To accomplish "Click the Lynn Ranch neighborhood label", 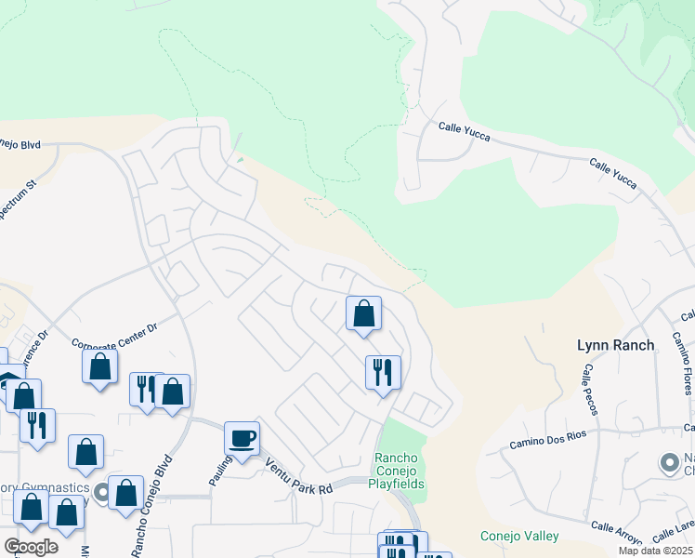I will tap(615, 345).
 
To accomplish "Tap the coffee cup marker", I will tap(242, 438).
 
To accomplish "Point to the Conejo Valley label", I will tap(519, 536).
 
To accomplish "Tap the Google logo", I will tap(31, 546).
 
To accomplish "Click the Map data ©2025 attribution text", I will tap(654, 551).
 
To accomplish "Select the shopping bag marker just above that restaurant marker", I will tap(363, 312).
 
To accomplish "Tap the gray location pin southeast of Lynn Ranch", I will tap(668, 462).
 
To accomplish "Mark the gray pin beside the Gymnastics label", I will tap(99, 489).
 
